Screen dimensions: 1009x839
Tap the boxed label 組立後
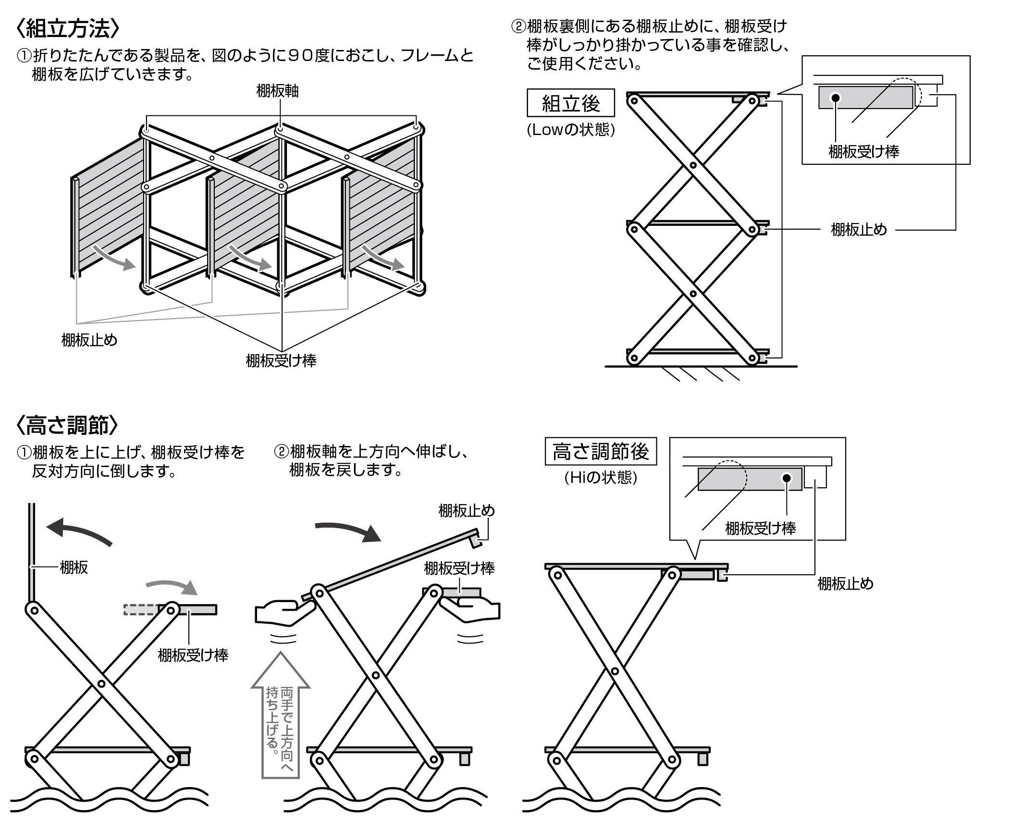[x=571, y=103]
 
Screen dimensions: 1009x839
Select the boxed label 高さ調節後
[x=601, y=452]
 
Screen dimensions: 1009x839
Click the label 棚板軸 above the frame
[x=277, y=91]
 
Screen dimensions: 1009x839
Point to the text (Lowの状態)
[x=571, y=130]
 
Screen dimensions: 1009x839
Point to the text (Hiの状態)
[x=601, y=478]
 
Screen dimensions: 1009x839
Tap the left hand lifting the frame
[x=284, y=612]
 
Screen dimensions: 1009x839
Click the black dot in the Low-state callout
[x=836, y=98]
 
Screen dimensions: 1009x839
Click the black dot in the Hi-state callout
[x=787, y=478]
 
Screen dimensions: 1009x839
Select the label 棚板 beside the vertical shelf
[x=74, y=568]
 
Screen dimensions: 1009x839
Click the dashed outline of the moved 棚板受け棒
[x=140, y=609]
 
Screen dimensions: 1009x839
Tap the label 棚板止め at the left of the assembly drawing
[x=89, y=341]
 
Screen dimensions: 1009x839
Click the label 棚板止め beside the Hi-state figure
[x=845, y=584]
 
